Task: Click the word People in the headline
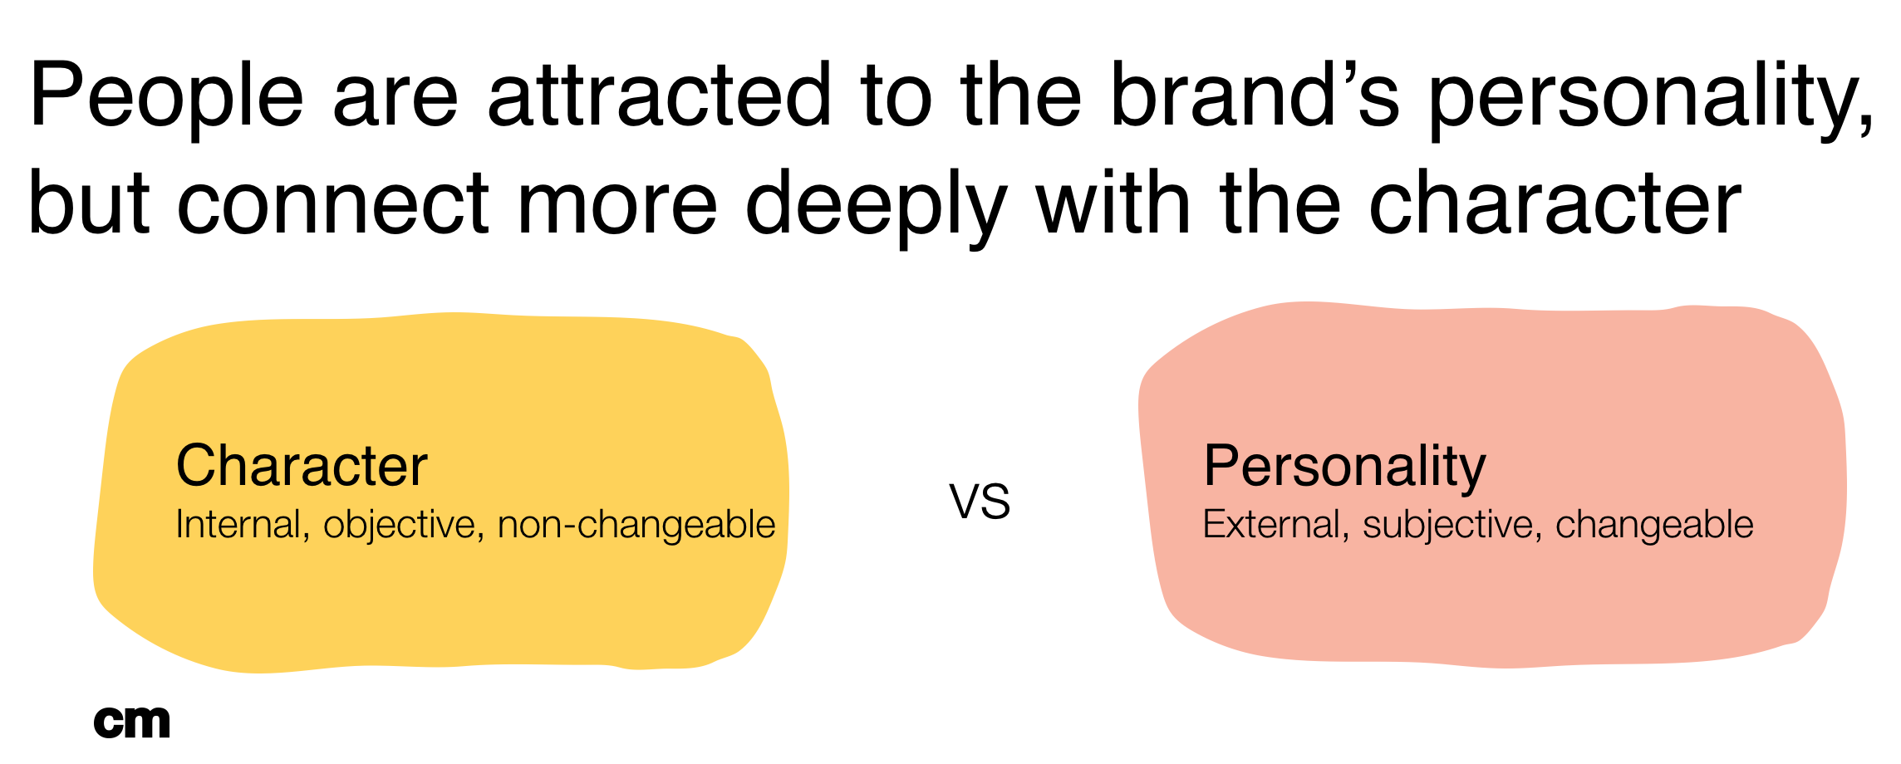(x=166, y=98)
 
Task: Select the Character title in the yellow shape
(x=302, y=466)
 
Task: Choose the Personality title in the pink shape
(x=1343, y=466)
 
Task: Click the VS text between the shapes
(x=980, y=503)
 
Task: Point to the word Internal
(x=238, y=525)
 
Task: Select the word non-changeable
(x=636, y=526)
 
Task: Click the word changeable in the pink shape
(x=1653, y=526)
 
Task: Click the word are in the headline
(x=395, y=98)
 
